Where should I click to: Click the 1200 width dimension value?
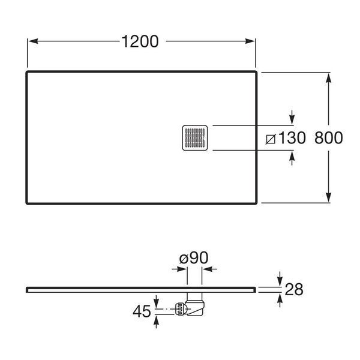(140, 41)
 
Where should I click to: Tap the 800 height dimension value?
(329, 138)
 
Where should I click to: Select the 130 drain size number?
(292, 138)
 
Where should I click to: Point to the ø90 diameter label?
(194, 257)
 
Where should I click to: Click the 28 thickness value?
(294, 289)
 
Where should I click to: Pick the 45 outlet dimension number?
(142, 311)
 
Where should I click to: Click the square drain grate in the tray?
(195, 138)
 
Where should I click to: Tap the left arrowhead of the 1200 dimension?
(33, 41)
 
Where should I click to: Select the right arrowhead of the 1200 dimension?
(250, 41)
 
